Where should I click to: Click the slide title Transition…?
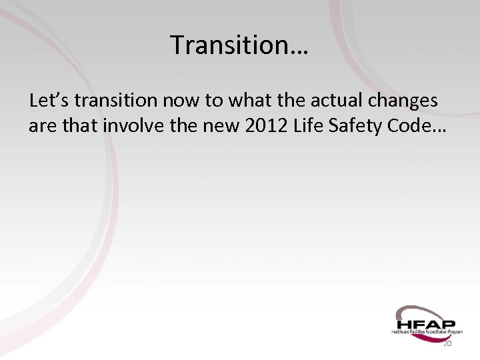241,45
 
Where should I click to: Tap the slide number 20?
447,343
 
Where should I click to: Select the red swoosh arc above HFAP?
417,308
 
